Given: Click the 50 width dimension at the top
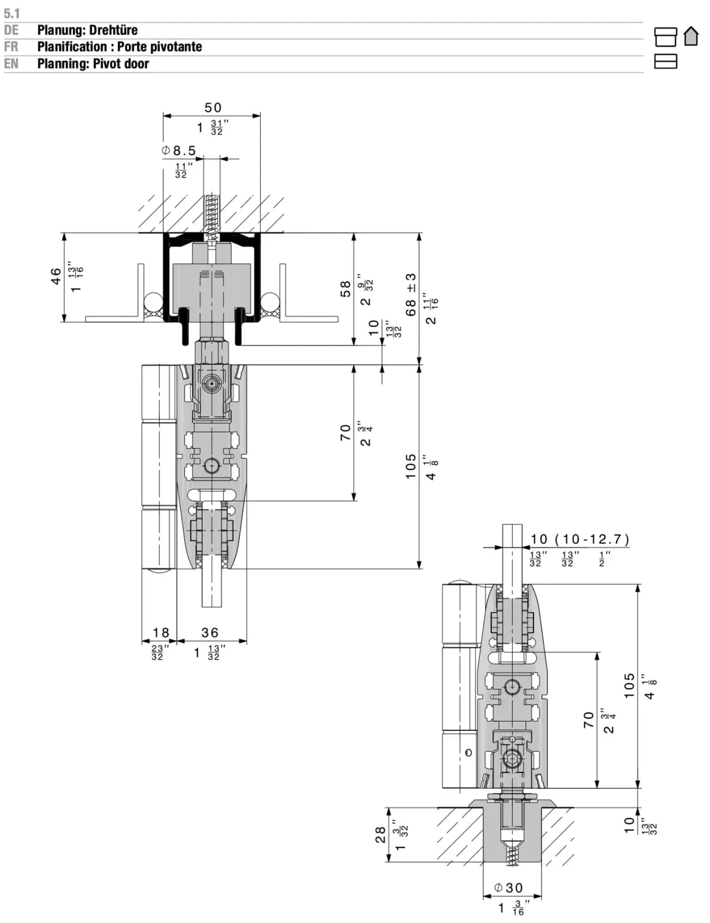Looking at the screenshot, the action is [213, 107].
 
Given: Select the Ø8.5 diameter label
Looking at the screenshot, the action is [179, 151].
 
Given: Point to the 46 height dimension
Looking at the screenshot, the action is [55, 276].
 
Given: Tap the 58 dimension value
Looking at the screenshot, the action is [345, 289].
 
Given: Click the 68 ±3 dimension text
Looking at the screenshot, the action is [411, 295].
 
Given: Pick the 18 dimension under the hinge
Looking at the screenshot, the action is [161, 632].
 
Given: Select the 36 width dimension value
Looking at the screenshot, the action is [210, 632].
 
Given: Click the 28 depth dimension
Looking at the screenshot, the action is [381, 834].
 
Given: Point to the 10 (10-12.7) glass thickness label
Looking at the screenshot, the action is [580, 539].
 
